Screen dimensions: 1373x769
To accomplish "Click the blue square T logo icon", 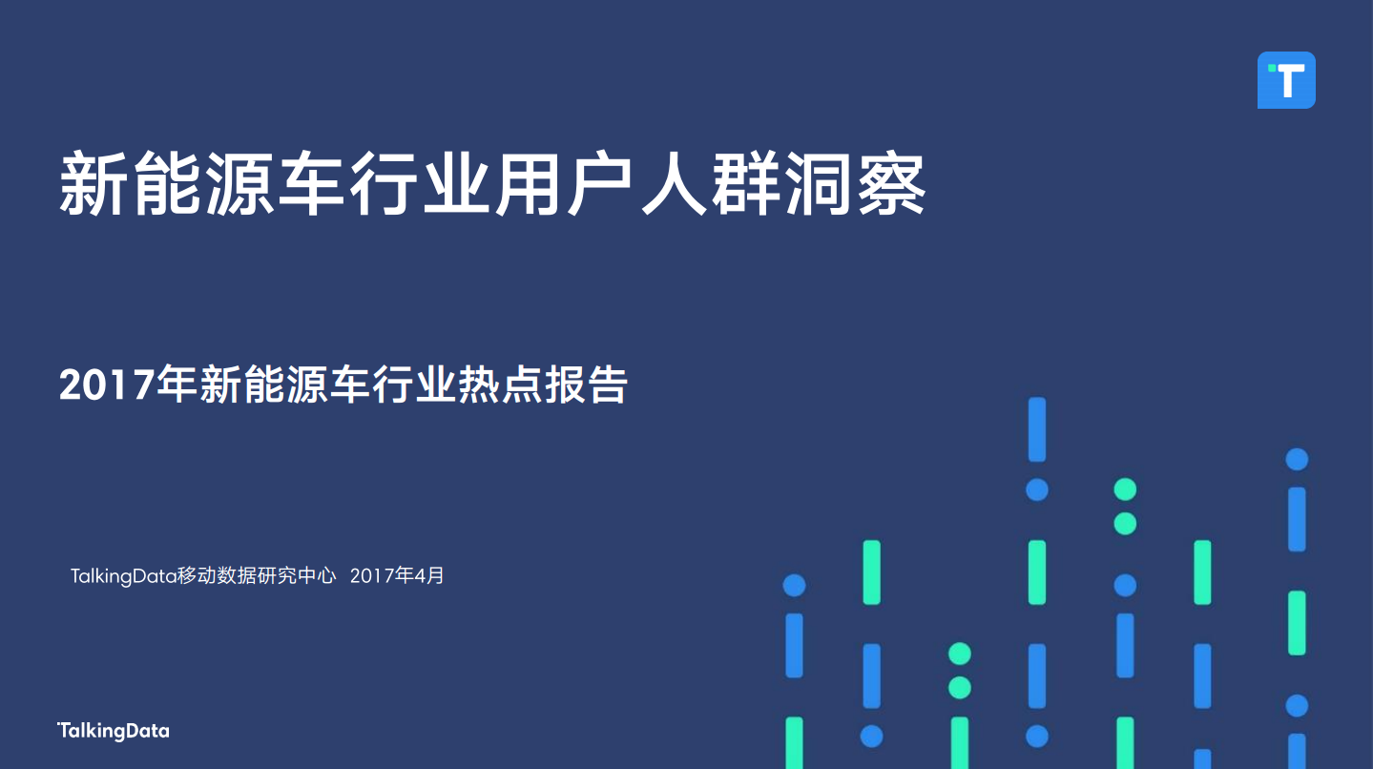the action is [x=1286, y=80].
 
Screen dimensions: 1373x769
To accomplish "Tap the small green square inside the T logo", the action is [x=1271, y=69].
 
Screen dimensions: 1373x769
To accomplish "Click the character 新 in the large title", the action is [x=93, y=184].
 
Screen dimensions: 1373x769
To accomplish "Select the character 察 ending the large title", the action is [x=891, y=184].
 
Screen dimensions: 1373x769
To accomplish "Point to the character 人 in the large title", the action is [x=675, y=184].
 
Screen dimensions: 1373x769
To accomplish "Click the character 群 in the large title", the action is [x=746, y=184].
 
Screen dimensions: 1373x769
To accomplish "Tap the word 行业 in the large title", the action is [x=420, y=184].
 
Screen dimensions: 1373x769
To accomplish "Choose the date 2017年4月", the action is [x=397, y=575].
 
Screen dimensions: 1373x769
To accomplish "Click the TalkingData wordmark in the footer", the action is [x=114, y=731].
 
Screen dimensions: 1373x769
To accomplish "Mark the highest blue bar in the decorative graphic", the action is [x=1037, y=429].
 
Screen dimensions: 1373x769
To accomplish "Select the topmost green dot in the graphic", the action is [x=1125, y=489].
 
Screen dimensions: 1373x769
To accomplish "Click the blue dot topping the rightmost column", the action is [x=1297, y=459].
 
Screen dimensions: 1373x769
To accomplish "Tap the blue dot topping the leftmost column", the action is [x=795, y=585].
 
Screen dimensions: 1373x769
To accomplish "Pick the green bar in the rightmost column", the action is [x=1297, y=623].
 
